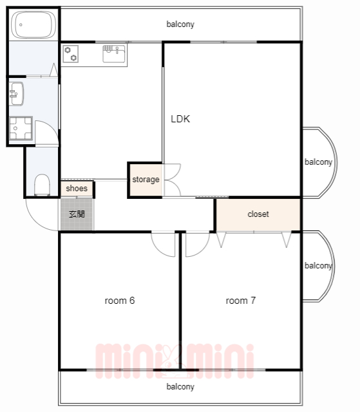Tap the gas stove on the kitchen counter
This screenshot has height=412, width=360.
[x=71, y=53]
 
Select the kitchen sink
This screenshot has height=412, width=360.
[x=114, y=54]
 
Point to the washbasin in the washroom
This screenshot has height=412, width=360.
[x=16, y=94]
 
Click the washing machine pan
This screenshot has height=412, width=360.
[x=21, y=128]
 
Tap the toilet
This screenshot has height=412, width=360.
[x=42, y=185]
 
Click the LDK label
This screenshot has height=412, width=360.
[x=180, y=119]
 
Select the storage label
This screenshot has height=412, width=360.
[x=146, y=180]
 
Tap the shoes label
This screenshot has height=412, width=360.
[x=77, y=189]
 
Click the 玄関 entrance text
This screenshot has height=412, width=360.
[x=77, y=214]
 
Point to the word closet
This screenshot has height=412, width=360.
[x=258, y=214]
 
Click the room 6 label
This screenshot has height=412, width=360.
[x=120, y=301]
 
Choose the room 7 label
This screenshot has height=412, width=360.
[x=241, y=301]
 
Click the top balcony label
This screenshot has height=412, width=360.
[x=180, y=24]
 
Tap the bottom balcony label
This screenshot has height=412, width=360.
[x=180, y=387]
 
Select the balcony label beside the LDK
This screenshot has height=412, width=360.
[x=318, y=162]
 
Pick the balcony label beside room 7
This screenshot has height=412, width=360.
[x=318, y=266]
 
